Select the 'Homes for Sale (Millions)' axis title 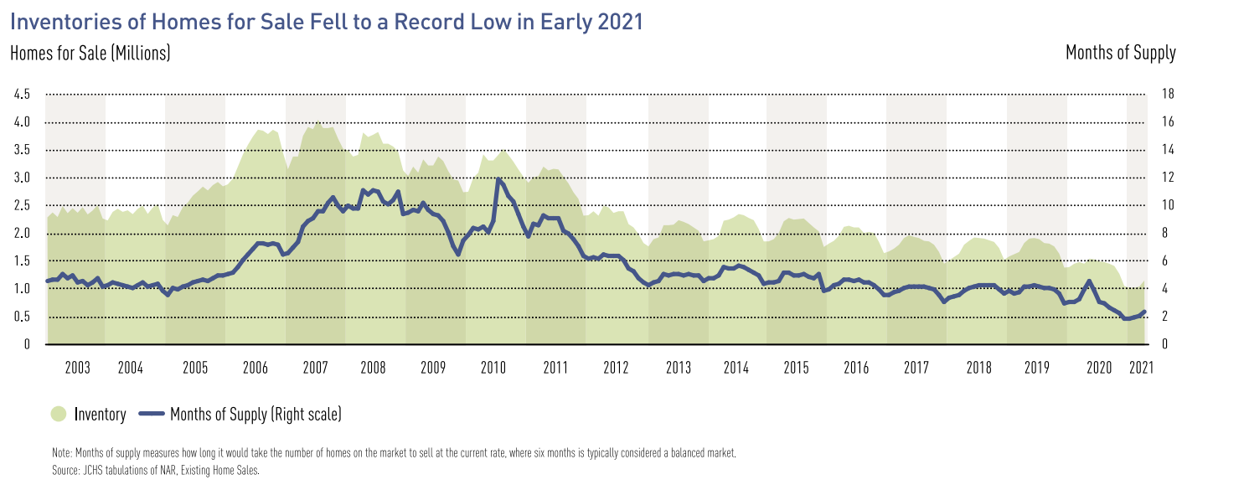[x=90, y=53]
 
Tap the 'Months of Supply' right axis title [x=1120, y=53]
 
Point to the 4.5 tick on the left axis [x=22, y=95]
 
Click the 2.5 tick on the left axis [x=22, y=205]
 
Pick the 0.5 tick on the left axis [x=22, y=317]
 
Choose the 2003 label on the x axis [x=77, y=368]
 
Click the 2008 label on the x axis [x=374, y=368]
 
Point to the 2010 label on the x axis [x=493, y=368]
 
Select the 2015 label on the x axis [x=796, y=368]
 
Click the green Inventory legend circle [x=59, y=414]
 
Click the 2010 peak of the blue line [x=498, y=179]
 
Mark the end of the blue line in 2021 [x=1143, y=312]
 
